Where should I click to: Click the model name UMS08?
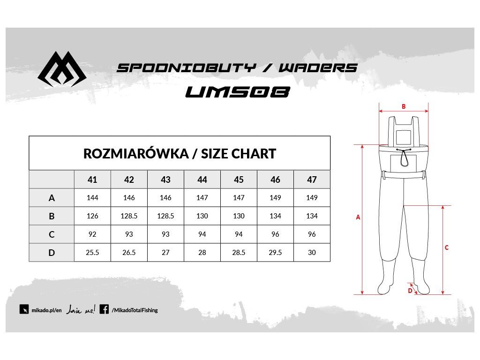click(x=237, y=92)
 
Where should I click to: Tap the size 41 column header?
click(x=92, y=180)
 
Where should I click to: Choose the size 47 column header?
click(x=312, y=180)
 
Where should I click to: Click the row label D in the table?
click(x=52, y=253)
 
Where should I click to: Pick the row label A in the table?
click(x=52, y=198)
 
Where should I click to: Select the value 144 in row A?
click(x=92, y=198)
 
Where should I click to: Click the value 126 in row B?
click(x=92, y=216)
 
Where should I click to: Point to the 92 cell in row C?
click(x=92, y=234)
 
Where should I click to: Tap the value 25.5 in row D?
click(x=92, y=253)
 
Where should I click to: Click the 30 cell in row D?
click(x=312, y=253)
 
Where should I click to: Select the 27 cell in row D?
click(x=165, y=253)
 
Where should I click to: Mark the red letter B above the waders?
click(x=404, y=106)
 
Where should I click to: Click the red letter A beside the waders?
click(x=358, y=217)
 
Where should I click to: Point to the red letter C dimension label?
click(x=447, y=247)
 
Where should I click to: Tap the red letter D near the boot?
click(x=410, y=291)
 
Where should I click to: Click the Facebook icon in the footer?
click(x=104, y=309)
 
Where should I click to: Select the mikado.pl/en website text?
click(x=46, y=310)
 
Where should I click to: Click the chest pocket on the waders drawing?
click(x=403, y=162)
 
